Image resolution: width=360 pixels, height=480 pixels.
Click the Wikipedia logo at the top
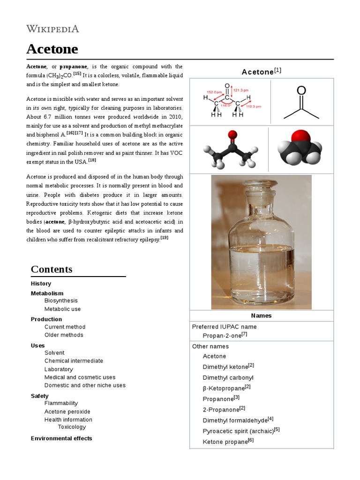pyautogui.click(x=52, y=29)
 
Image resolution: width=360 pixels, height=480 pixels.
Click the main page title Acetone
pyautogui.click(x=52, y=49)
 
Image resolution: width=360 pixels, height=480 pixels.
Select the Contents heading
pyautogui.click(x=52, y=269)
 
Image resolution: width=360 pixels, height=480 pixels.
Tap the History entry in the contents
pyautogui.click(x=41, y=284)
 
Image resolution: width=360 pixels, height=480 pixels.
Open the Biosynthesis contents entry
pyautogui.click(x=61, y=300)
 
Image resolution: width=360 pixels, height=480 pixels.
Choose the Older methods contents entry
pyautogui.click(x=64, y=335)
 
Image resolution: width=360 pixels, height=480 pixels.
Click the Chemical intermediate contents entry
pyautogui.click(x=74, y=360)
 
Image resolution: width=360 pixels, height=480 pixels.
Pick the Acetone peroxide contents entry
pyautogui.click(x=67, y=412)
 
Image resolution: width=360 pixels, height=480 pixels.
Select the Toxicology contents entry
pyautogui.click(x=72, y=427)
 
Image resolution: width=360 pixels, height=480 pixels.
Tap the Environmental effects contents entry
pyautogui.click(x=61, y=438)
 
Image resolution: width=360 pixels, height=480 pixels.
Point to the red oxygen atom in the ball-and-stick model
pyautogui.click(x=231, y=136)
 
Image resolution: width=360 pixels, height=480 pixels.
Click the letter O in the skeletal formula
pyautogui.click(x=301, y=90)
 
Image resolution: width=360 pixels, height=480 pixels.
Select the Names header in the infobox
pyautogui.click(x=261, y=315)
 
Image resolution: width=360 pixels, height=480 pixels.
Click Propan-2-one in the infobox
pyautogui.click(x=222, y=336)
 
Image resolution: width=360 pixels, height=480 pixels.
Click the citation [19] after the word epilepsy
pyautogui.click(x=164, y=238)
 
